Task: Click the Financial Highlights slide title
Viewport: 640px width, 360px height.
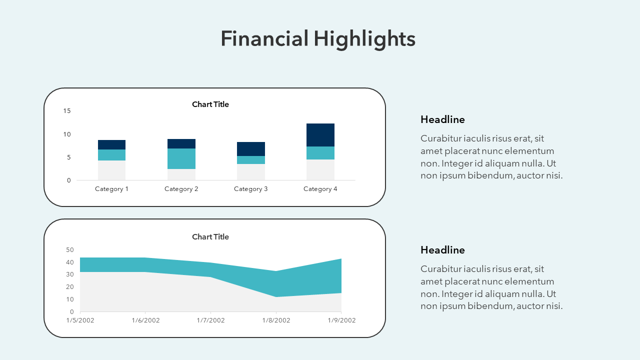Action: (x=318, y=39)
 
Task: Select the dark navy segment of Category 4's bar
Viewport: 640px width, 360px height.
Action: (x=320, y=135)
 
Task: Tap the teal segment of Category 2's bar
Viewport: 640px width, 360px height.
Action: (x=181, y=158)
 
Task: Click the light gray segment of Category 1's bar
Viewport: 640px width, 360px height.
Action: (x=111, y=170)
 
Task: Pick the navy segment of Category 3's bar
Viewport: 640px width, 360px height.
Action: (x=251, y=149)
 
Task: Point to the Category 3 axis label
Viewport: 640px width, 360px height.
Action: (x=251, y=189)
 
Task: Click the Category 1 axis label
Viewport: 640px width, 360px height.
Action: (x=111, y=189)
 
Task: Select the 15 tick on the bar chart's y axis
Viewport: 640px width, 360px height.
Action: (x=67, y=111)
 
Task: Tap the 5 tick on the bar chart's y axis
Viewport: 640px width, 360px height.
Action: (x=69, y=157)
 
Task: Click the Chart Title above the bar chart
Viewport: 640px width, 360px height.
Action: (x=210, y=104)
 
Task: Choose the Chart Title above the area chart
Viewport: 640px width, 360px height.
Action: (x=210, y=237)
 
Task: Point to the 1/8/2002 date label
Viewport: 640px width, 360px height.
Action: (x=276, y=320)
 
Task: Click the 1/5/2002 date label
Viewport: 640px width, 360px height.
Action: (x=80, y=320)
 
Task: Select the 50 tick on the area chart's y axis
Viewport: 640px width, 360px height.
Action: (x=70, y=250)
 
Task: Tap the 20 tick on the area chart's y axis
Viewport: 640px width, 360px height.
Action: (x=70, y=287)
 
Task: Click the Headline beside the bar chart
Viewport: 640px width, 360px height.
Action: (x=442, y=119)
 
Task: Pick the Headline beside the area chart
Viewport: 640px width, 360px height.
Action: (x=442, y=250)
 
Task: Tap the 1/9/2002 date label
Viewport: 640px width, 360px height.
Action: (x=341, y=320)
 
